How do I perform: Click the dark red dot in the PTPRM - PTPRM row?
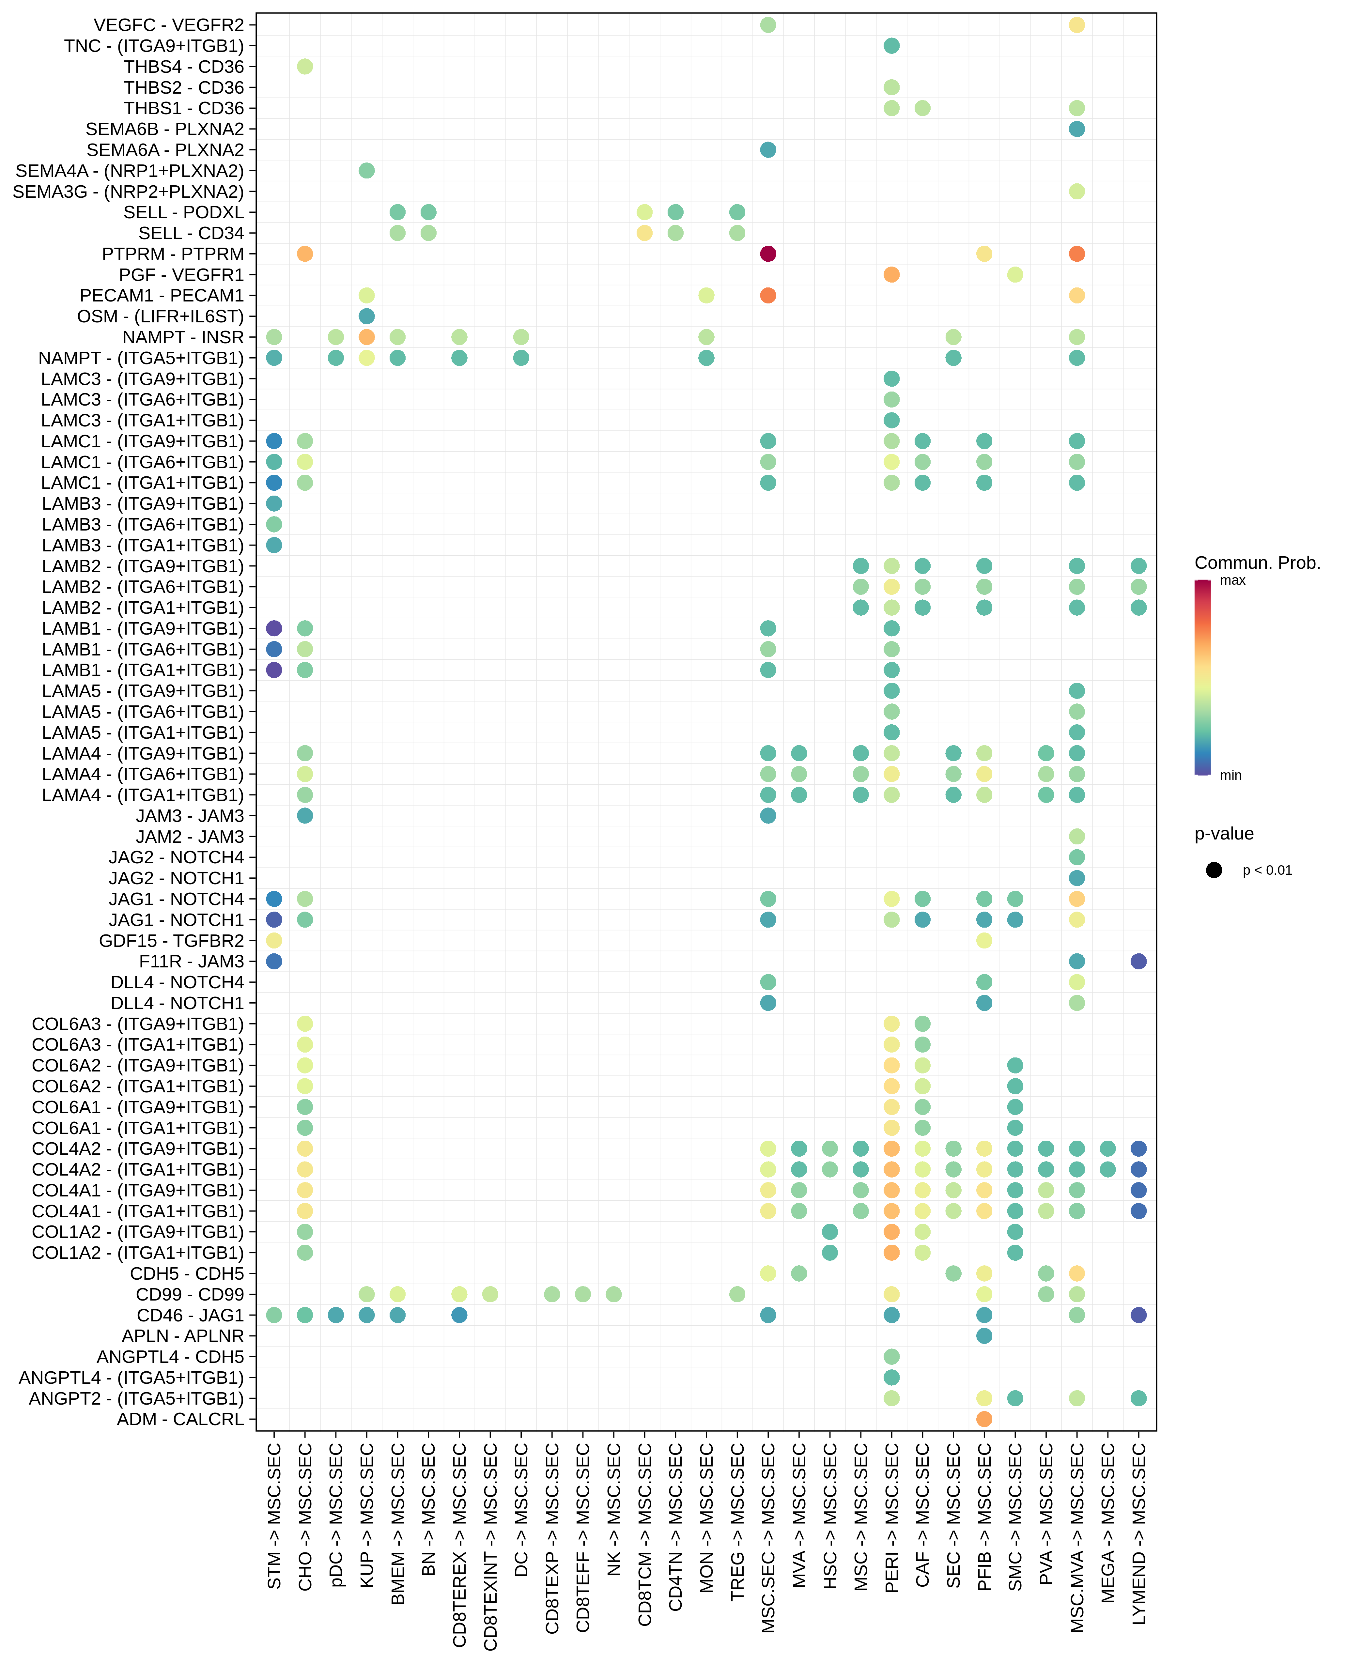coord(767,254)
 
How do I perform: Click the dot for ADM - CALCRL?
coord(984,1419)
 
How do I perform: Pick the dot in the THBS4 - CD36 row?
coord(305,67)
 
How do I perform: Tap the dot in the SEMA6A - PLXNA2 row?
coord(767,150)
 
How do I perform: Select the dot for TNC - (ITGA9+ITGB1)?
coord(892,46)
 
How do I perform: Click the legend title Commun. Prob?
coord(1257,563)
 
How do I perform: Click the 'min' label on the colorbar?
coord(1230,776)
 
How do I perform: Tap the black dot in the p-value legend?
coord(1214,870)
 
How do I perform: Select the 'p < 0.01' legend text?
coord(1267,870)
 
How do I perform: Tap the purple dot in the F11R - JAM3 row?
coord(1138,962)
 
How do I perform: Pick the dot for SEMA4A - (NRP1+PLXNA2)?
coord(367,171)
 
